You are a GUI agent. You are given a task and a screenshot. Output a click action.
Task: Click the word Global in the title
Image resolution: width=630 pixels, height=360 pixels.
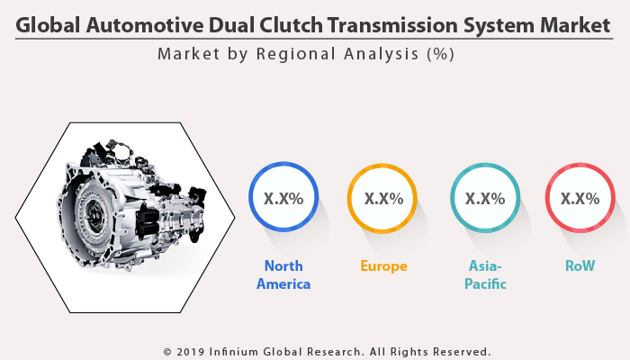(49, 26)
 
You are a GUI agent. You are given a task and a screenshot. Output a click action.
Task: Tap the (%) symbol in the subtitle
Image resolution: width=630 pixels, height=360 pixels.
(439, 54)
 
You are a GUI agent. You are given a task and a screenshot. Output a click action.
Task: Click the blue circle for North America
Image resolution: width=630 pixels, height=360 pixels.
(283, 198)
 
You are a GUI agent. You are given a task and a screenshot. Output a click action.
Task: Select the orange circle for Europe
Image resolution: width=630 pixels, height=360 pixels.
(383, 198)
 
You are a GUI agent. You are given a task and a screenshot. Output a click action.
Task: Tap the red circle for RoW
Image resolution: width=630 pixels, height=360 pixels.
(580, 198)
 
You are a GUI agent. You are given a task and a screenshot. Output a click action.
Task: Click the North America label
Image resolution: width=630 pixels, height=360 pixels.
(283, 274)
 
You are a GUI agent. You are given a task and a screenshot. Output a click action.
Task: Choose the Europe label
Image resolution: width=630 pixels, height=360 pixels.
(383, 266)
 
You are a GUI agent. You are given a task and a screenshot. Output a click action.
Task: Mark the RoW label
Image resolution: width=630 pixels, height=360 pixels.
(580, 266)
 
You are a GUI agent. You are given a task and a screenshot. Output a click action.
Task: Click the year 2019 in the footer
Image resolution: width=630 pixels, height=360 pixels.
(193, 351)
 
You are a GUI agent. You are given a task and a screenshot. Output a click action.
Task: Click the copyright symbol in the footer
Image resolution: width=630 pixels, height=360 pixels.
(167, 351)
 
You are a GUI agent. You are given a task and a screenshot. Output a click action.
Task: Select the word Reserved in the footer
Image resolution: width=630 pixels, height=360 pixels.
(460, 351)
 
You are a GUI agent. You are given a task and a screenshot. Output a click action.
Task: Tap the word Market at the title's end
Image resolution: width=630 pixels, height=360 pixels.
(570, 26)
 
